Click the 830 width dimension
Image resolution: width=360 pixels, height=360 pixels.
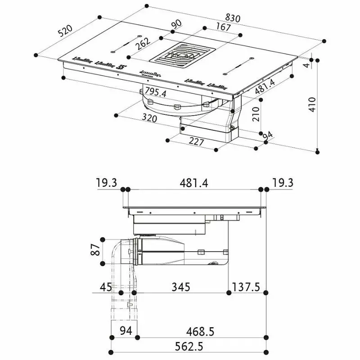click(x=233, y=18)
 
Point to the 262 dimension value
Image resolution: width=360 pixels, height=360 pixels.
click(x=144, y=44)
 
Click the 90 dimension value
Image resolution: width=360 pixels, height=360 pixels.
click(x=177, y=23)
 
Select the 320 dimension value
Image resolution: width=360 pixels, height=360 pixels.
click(x=149, y=118)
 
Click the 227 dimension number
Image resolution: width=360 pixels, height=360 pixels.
click(x=196, y=142)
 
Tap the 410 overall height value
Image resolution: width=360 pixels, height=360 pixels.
click(x=312, y=104)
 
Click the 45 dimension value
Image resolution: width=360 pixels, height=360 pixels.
click(x=107, y=287)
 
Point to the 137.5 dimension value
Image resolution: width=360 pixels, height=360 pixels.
click(x=247, y=287)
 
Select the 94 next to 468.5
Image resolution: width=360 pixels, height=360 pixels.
click(x=126, y=332)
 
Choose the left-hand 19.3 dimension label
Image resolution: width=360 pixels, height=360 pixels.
click(x=106, y=183)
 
